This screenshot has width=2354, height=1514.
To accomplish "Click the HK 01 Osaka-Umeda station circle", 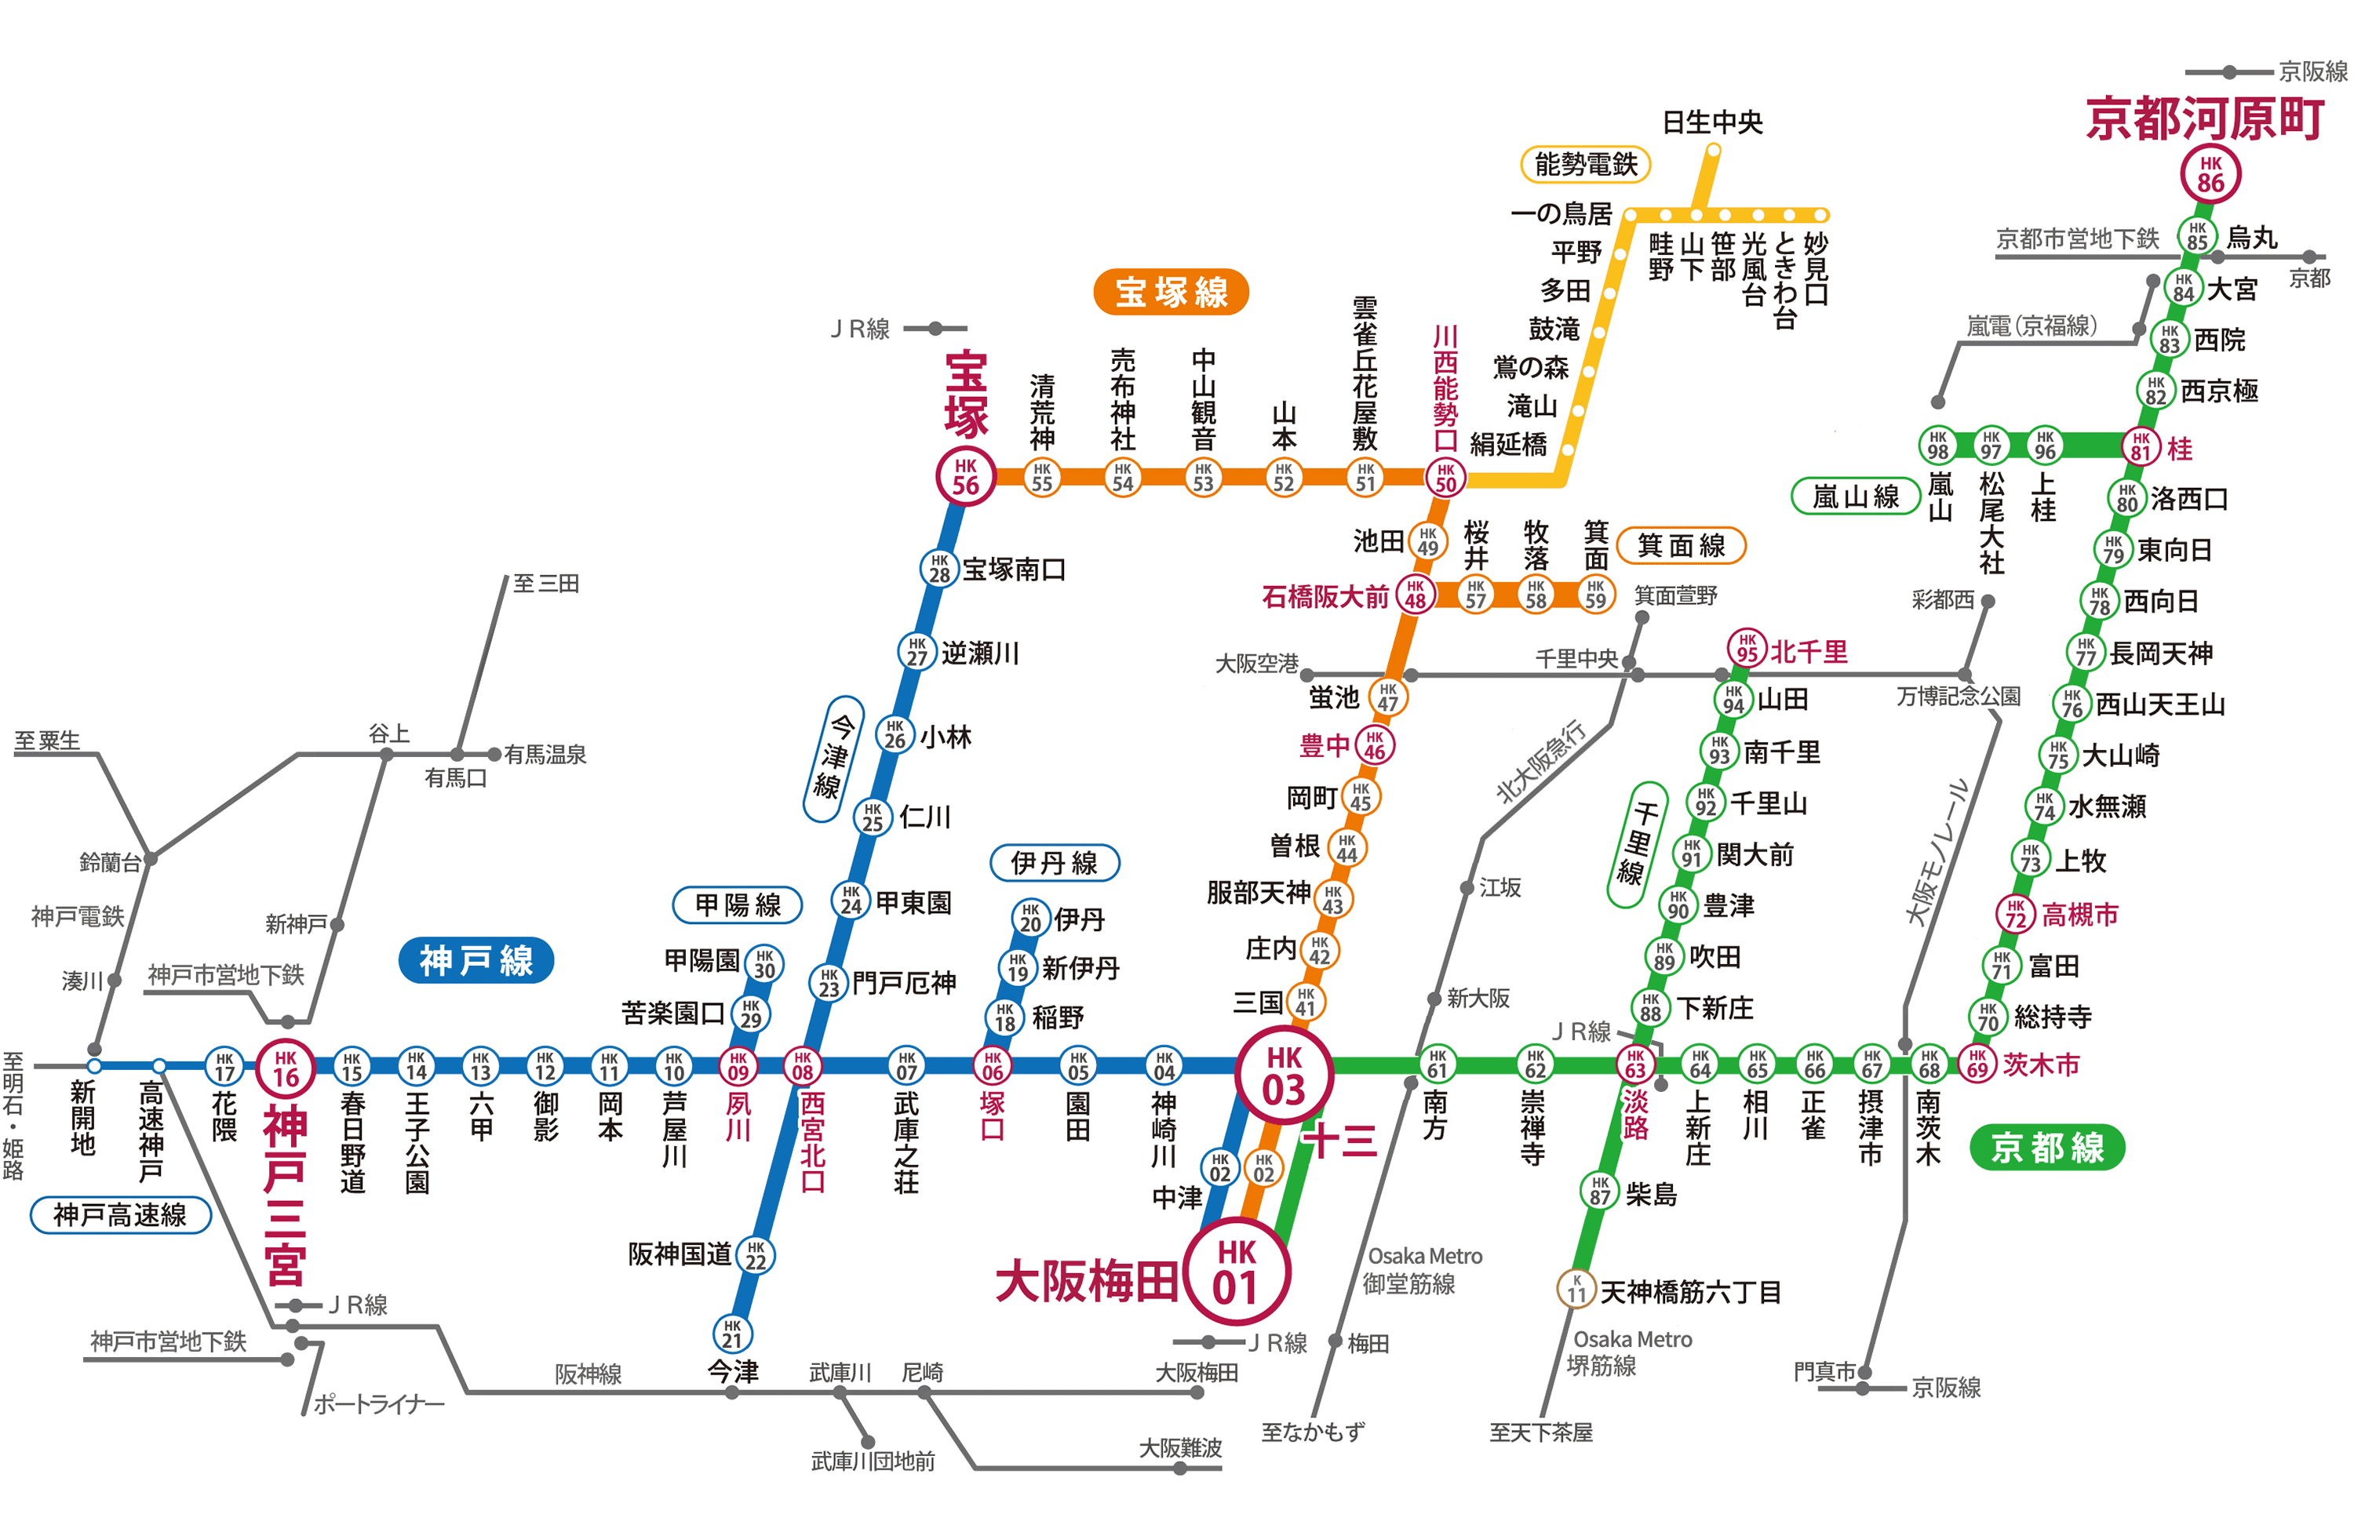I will point(1236,1271).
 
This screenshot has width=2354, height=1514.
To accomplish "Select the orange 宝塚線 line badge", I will point(1170,292).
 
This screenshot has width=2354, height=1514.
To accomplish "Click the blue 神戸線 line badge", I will point(476,959).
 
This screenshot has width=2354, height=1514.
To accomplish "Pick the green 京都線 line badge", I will point(2046,1148).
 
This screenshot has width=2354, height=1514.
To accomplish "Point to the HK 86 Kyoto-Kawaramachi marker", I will point(2210,175).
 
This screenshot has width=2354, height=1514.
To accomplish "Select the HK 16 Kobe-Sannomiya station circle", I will point(285,1068).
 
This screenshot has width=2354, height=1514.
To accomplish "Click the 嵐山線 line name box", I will point(1854,497).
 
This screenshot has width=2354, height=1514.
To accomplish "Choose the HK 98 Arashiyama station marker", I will point(1937,444).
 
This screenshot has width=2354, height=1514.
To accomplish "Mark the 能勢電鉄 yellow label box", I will point(1585,164).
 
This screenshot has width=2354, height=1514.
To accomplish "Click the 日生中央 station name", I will point(1712,122).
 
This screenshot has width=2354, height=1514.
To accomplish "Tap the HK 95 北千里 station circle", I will point(1747,648).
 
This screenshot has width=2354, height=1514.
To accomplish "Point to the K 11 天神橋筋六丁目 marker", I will point(1576,1288).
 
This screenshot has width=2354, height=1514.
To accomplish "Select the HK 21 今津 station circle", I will point(733,1334).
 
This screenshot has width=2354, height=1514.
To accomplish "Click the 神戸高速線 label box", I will point(120,1215).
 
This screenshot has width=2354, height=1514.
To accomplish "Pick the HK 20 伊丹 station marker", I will point(1030,917).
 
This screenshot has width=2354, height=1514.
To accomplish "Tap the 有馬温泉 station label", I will point(545,754).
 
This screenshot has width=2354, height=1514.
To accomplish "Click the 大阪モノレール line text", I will point(1936,851).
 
